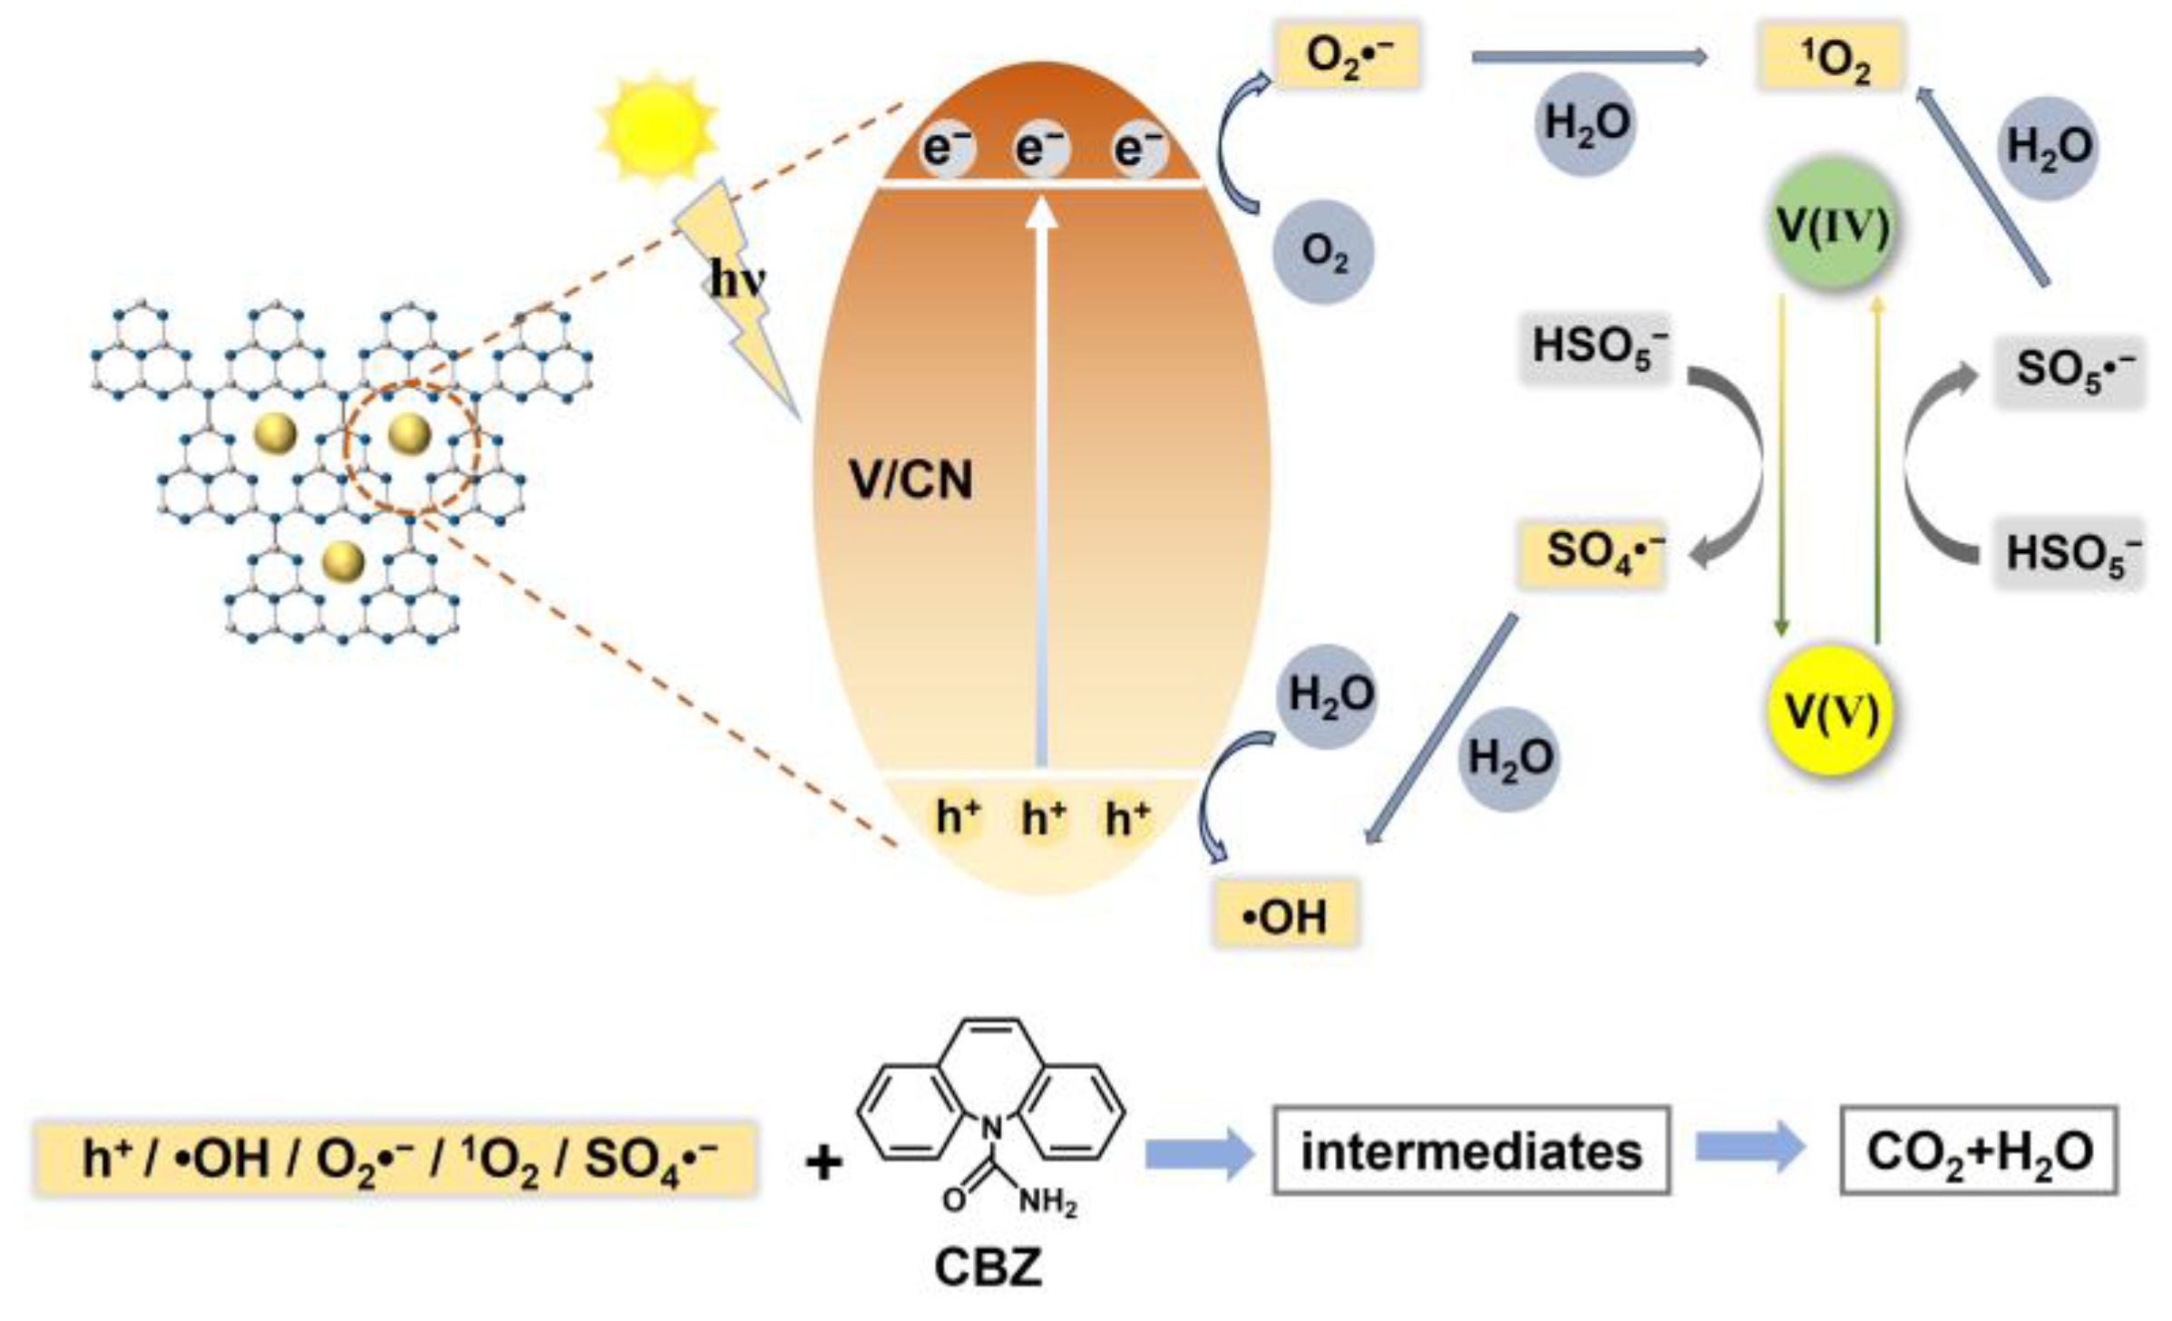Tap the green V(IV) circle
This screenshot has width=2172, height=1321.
coord(1833,224)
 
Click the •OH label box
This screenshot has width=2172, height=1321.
coord(1286,917)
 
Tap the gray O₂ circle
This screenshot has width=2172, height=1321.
coord(1323,251)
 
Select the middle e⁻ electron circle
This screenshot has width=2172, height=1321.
coord(1041,148)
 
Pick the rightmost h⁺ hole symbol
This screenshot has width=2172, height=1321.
coord(1127,819)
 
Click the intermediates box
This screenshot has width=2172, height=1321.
coord(1471,1151)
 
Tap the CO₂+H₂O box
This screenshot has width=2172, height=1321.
coord(1979,1151)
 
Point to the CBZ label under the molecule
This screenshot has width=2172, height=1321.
coord(988,1267)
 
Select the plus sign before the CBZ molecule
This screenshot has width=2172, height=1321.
coord(823,1163)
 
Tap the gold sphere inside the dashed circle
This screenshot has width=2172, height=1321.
coord(409,434)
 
